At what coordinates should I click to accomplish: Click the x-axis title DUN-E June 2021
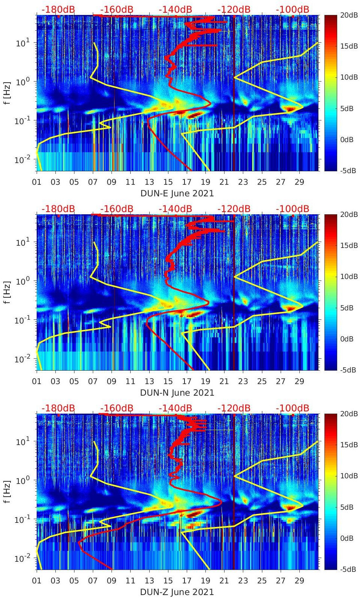point(177,193)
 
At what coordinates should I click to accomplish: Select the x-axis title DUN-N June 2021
point(177,393)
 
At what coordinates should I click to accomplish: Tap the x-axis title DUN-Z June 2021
point(177,592)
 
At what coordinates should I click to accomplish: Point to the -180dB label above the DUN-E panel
point(58,9)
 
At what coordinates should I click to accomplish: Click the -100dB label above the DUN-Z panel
point(292,408)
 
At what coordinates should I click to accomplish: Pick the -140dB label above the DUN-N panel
point(175,209)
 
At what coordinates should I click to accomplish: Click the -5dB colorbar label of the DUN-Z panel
point(348,569)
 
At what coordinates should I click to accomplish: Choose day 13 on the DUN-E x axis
point(149,182)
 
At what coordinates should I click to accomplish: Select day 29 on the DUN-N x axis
point(299,381)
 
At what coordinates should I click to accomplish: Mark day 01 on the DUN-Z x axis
point(37,581)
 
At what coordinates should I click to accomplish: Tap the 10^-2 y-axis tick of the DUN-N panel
point(22,359)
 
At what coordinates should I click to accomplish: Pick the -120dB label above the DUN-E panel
point(234,9)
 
